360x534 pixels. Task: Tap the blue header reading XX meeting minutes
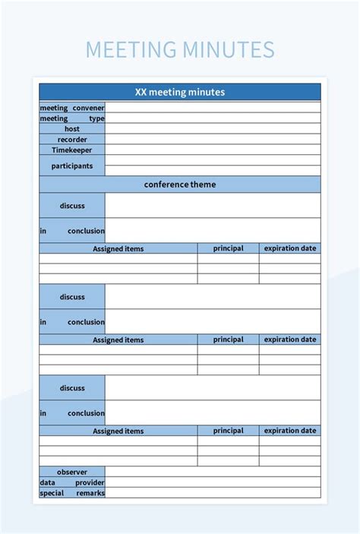180,92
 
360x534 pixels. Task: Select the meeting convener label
72,108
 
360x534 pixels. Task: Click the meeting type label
72,118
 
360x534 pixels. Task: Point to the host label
72,129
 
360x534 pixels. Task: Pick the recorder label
72,140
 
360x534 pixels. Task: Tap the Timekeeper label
72,150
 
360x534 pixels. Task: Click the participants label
72,166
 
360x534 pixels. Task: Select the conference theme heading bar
180,185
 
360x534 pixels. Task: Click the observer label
72,472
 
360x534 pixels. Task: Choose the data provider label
72,482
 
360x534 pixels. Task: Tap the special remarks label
72,493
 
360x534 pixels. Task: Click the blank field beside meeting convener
213,108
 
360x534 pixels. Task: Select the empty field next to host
213,129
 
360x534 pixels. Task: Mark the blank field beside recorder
213,140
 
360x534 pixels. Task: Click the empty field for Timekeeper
213,150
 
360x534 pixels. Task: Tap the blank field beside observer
213,472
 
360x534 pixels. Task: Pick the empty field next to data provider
213,482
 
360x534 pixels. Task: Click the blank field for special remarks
213,493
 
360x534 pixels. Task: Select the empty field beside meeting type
213,118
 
